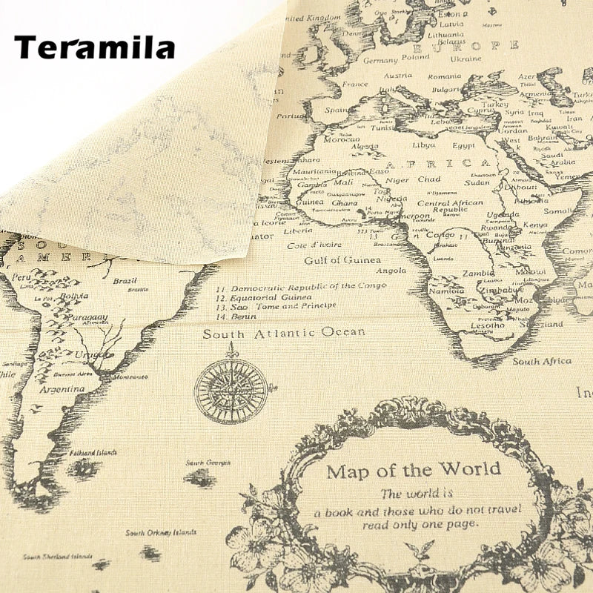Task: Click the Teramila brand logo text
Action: (x=94, y=47)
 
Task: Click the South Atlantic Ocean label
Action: (x=284, y=333)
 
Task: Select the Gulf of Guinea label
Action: (x=342, y=260)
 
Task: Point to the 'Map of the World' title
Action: (x=414, y=470)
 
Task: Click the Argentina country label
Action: (x=62, y=389)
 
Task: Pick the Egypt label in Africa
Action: (x=463, y=145)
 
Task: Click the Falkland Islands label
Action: (x=93, y=452)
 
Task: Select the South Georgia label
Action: (x=204, y=463)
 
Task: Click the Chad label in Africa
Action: (x=428, y=179)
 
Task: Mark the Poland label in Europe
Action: (x=416, y=57)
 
